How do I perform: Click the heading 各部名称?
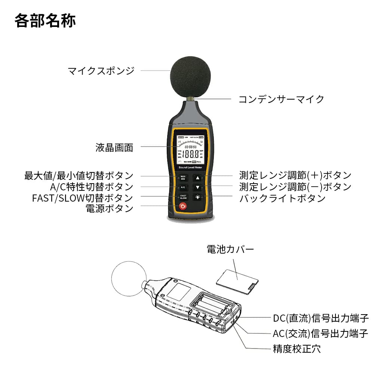pos(45,21)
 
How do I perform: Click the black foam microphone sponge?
pos(191,77)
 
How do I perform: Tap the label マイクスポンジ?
pos(101,71)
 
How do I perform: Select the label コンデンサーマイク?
pos(281,99)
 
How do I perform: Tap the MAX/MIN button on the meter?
pos(183,178)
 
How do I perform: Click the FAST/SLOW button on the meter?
pos(183,197)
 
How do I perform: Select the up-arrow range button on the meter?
pos(198,178)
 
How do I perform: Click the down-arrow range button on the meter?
pos(198,187)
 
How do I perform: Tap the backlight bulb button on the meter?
pos(198,197)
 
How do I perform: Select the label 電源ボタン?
pos(109,208)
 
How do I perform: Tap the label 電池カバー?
pos(230,249)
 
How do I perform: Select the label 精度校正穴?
pos(297,349)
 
